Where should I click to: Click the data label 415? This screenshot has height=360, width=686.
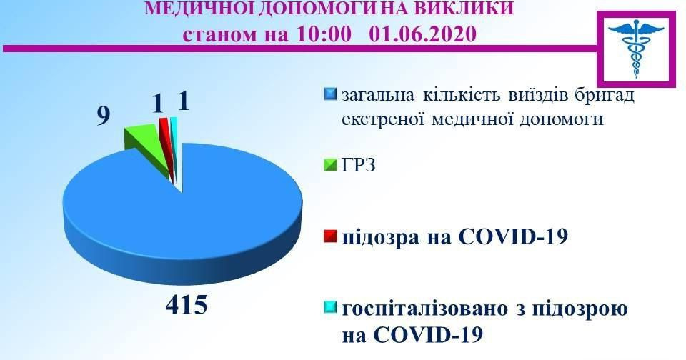tap(187, 304)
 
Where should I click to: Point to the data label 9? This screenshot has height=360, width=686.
tap(103, 116)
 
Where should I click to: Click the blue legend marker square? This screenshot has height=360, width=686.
tap(331, 94)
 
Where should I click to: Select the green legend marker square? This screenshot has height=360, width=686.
tap(331, 165)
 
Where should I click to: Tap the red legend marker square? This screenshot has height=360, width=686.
tap(331, 236)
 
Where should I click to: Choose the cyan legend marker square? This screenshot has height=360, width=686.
tap(331, 308)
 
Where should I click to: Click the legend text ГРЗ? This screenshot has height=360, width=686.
tap(359, 165)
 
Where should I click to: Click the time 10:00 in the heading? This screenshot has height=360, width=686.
tap(323, 34)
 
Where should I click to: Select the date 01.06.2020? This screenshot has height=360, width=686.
tap(422, 34)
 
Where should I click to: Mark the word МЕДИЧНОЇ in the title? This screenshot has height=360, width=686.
tap(199, 7)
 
